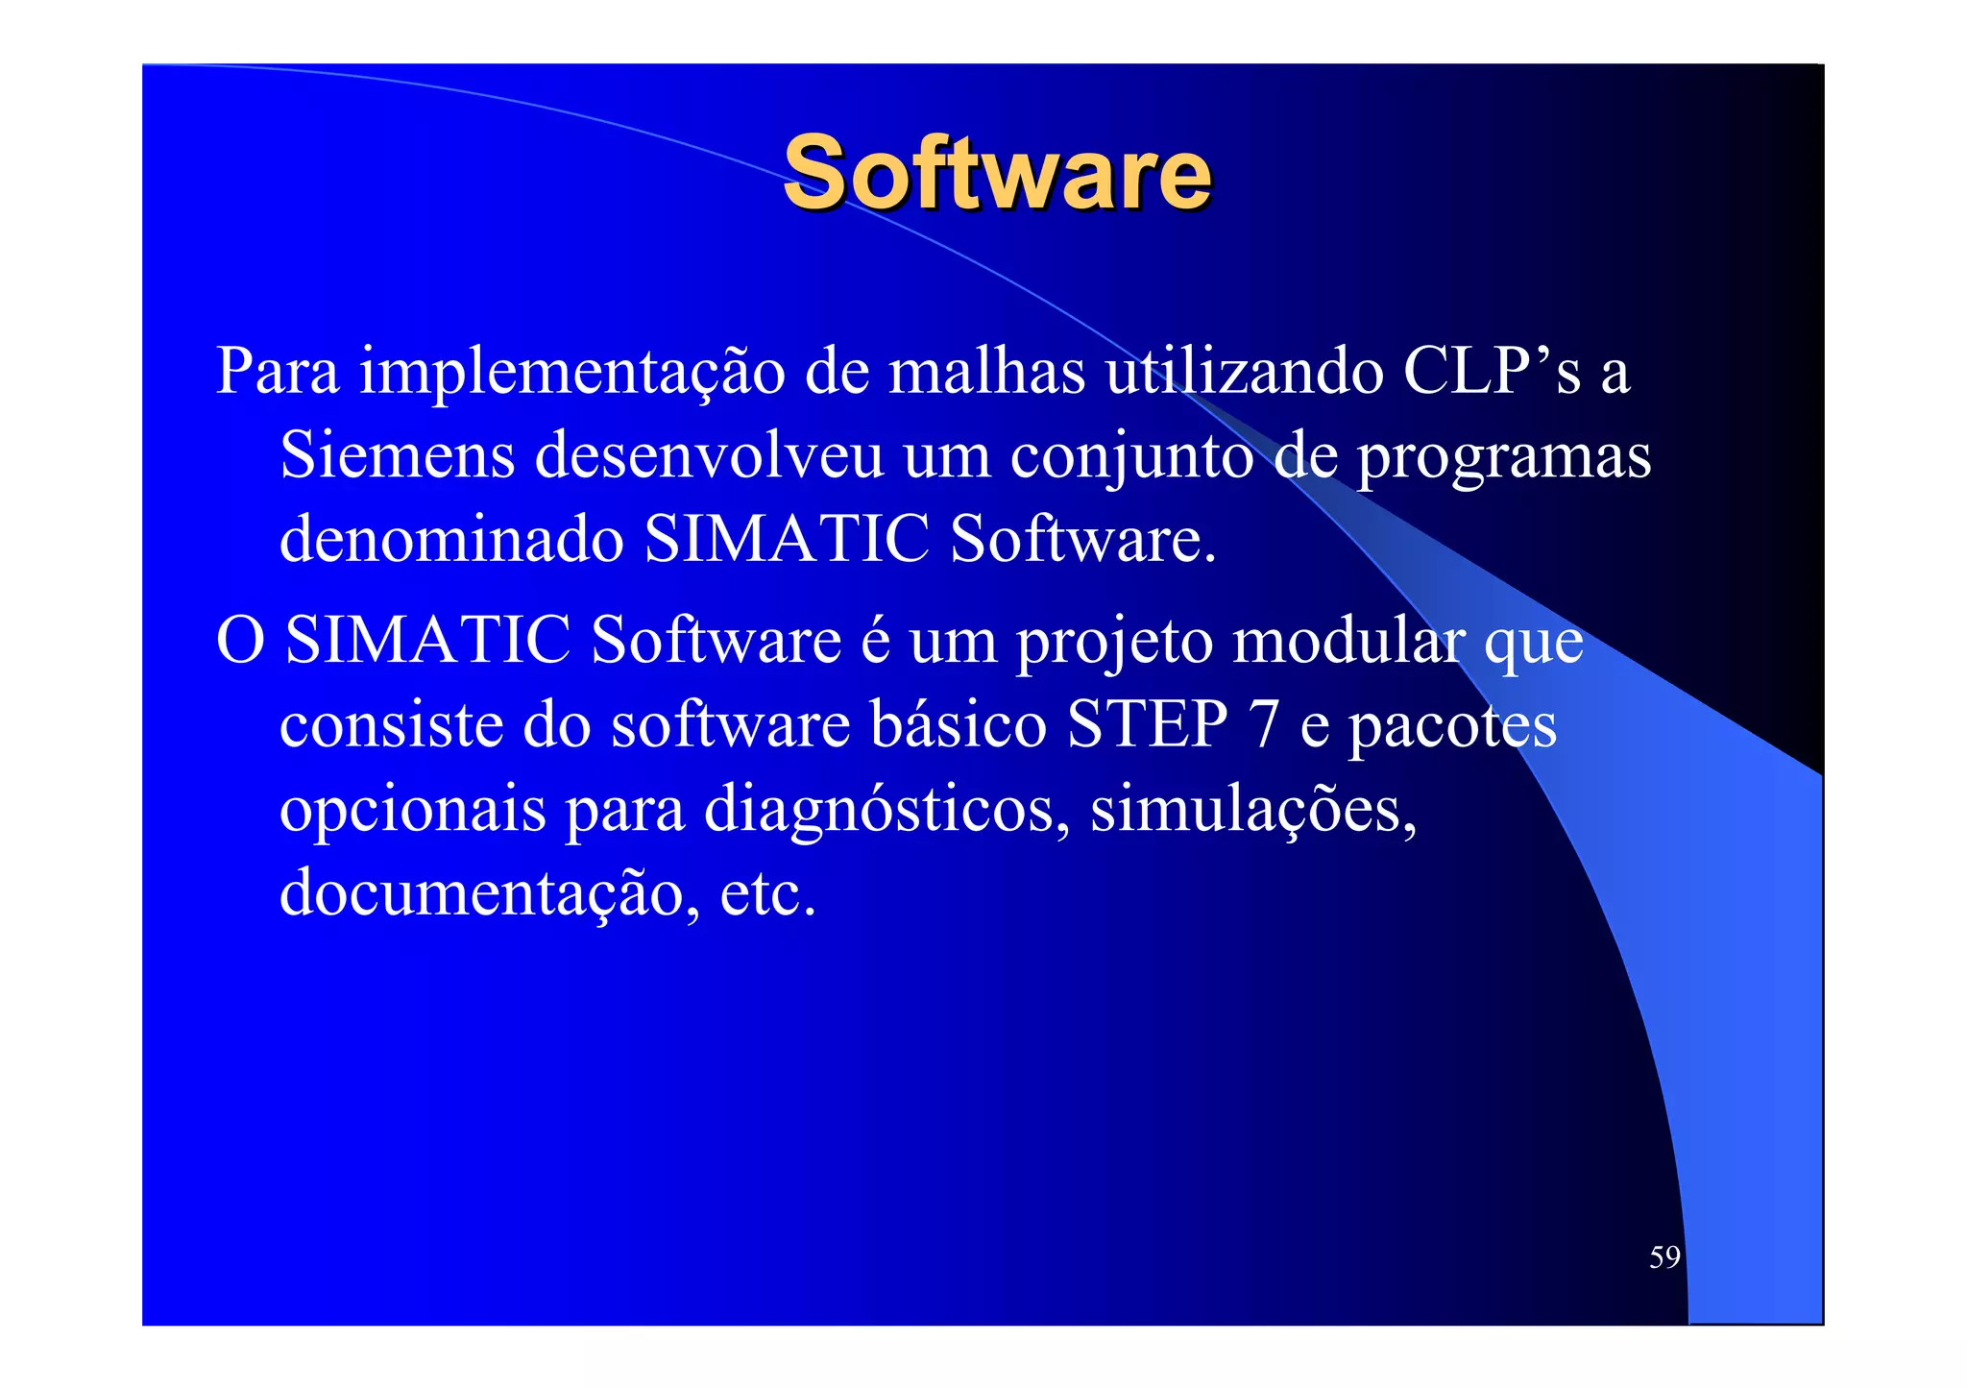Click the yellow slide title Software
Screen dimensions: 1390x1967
click(x=996, y=173)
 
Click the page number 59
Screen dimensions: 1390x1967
click(x=1664, y=1257)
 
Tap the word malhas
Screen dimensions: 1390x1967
click(x=986, y=371)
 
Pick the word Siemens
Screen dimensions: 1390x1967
click(x=397, y=454)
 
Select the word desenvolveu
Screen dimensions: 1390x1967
click(x=709, y=454)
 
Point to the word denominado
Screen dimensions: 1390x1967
click(x=451, y=539)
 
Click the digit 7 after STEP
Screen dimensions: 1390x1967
click(x=1264, y=724)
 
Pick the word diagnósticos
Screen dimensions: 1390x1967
click(x=886, y=810)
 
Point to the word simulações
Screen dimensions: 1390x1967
click(x=1253, y=810)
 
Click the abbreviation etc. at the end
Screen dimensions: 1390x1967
click(x=767, y=893)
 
